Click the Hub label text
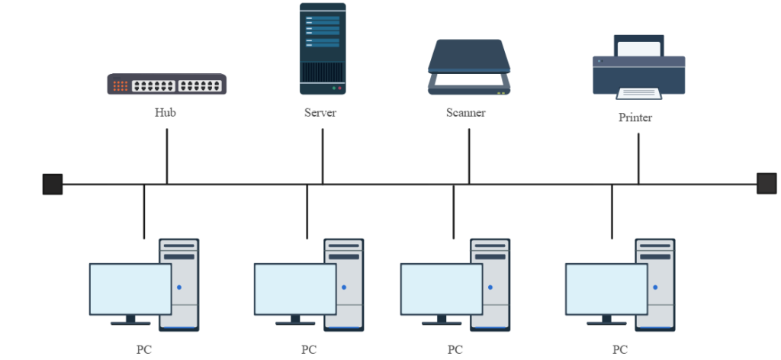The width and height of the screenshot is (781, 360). [166, 113]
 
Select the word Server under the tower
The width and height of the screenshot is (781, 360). [320, 113]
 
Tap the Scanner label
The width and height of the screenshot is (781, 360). [465, 113]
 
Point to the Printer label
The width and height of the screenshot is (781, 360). [635, 118]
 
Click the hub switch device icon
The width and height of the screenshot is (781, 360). [166, 85]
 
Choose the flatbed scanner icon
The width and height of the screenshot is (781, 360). [468, 67]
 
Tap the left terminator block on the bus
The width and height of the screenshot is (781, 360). [52, 184]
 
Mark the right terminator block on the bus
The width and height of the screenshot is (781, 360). [767, 183]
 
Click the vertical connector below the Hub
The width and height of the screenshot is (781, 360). [167, 156]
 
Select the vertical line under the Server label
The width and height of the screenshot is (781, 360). [323, 156]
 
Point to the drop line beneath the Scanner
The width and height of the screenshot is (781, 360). [469, 156]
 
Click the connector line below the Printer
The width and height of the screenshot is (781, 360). [638, 159]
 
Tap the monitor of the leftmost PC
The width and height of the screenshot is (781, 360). [130, 288]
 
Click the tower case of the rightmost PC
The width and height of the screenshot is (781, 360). [655, 284]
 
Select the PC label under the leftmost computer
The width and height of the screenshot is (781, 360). [144, 350]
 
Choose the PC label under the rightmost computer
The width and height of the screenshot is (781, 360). [619, 350]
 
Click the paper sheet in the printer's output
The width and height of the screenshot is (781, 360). [638, 93]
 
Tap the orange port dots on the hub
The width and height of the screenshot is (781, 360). [121, 85]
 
